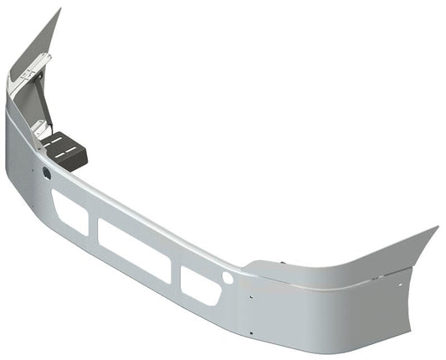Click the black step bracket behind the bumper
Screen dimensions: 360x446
pyautogui.click(x=66, y=152)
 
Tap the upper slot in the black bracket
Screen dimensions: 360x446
pyautogui.click(x=59, y=143)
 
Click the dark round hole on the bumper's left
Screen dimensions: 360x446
pyautogui.click(x=45, y=172)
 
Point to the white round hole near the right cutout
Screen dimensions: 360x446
pyautogui.click(x=228, y=278)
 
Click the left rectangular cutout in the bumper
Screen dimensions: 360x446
pyautogui.click(x=70, y=212)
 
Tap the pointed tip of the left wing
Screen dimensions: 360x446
pyautogui.click(x=59, y=10)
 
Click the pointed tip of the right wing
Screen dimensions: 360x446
pyautogui.click(x=436, y=227)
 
